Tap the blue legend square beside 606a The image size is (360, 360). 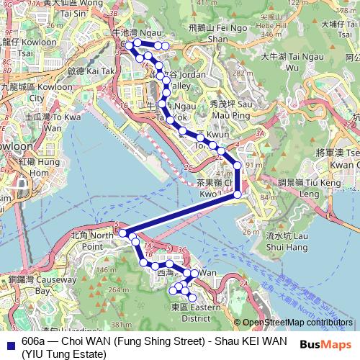click(9, 342)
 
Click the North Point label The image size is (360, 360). click(93, 240)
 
